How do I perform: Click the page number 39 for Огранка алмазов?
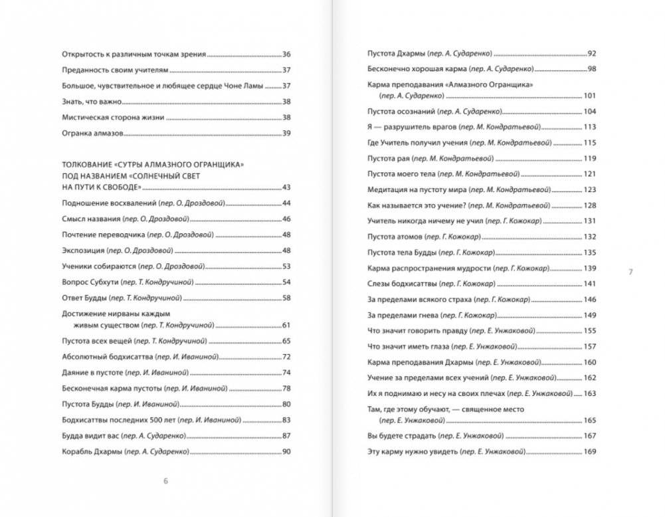coord(287,134)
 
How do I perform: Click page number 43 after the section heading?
coord(287,187)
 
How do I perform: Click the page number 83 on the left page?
coord(287,419)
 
